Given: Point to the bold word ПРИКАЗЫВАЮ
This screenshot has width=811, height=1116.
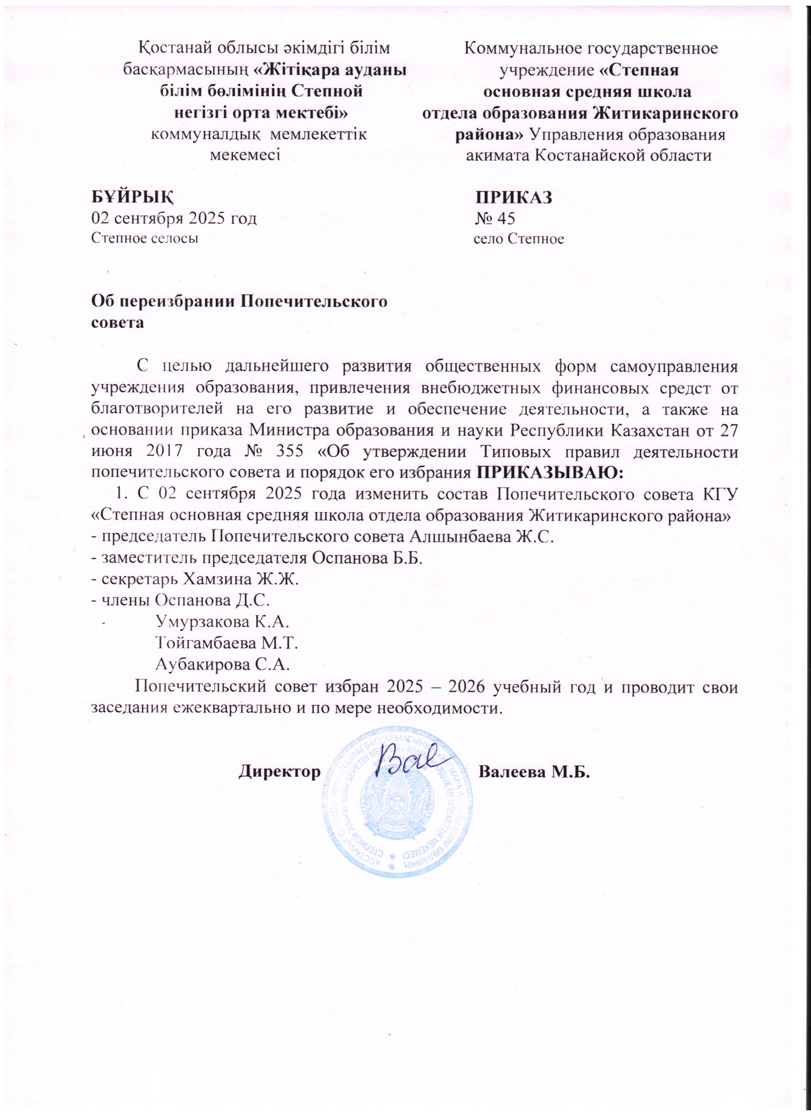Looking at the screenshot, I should [550, 473].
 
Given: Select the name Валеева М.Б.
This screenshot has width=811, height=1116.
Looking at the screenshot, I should [534, 771].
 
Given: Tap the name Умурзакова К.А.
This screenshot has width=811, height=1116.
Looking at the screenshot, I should [222, 622].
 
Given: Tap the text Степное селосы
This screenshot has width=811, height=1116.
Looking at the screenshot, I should [146, 240].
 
